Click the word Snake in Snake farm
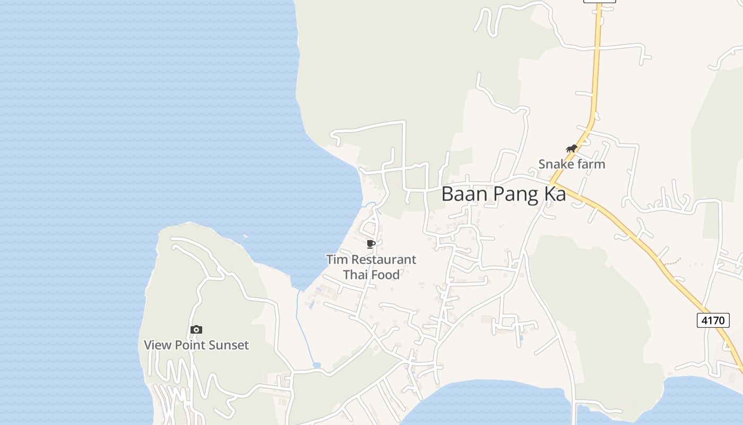[x=556, y=164]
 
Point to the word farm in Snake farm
[x=590, y=164]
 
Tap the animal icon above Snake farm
[x=571, y=149]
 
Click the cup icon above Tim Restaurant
[x=371, y=244]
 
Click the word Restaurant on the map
[x=384, y=260]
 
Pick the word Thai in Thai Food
[x=355, y=275]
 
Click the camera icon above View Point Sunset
[x=196, y=330]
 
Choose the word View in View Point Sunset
[x=158, y=345]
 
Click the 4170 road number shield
[x=712, y=320]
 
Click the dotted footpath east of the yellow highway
[x=671, y=261]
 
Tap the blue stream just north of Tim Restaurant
[x=370, y=205]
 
